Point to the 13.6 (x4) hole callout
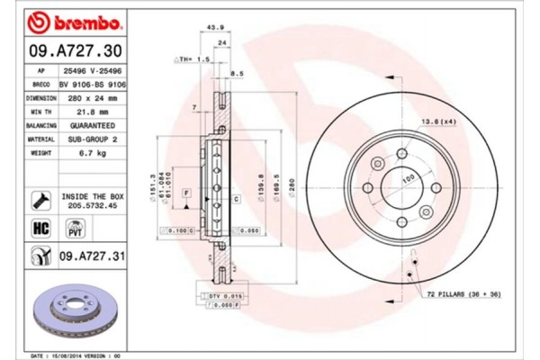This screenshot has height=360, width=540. pos(438,121)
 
